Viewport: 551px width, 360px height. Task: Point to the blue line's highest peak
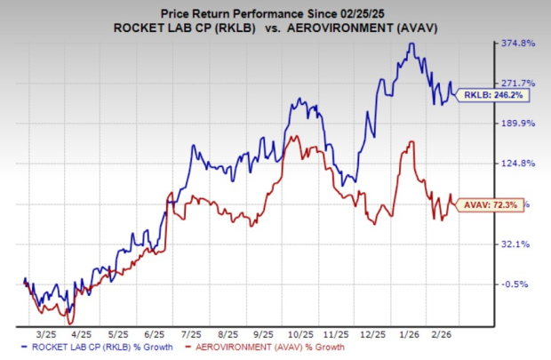pyautogui.click(x=411, y=43)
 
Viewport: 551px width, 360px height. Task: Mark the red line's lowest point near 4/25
pyautogui.click(x=70, y=322)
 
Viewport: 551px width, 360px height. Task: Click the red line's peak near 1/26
pyautogui.click(x=409, y=141)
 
